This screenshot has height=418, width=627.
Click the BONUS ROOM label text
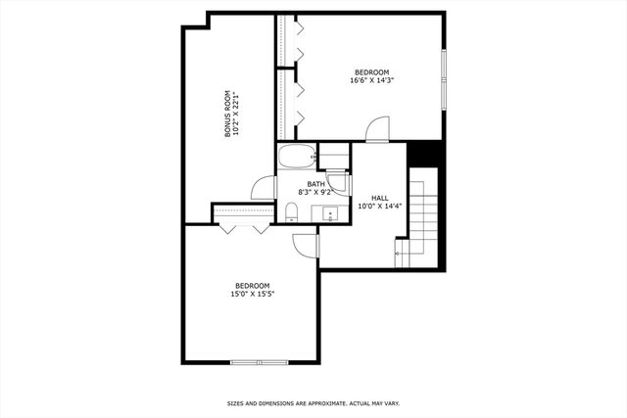[x=227, y=114]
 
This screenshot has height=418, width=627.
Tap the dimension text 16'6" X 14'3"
[x=371, y=81]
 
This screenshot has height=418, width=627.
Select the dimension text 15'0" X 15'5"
[x=253, y=294]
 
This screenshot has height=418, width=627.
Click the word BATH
[x=315, y=184]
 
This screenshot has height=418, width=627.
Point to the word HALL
[x=379, y=198]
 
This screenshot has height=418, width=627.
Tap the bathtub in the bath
[x=295, y=157]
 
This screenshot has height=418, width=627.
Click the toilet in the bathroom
[x=291, y=215]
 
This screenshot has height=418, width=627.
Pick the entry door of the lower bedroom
[x=306, y=246]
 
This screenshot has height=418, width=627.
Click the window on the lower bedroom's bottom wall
[x=260, y=362]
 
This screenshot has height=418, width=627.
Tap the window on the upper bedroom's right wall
[x=444, y=77]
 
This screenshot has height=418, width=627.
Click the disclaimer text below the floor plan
[x=313, y=402]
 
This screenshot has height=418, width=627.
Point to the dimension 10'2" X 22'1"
[x=237, y=114]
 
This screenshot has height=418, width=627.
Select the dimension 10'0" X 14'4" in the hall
[x=379, y=207]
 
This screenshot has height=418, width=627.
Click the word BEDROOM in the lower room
[x=253, y=285]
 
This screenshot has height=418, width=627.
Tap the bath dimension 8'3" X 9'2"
[x=315, y=193]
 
